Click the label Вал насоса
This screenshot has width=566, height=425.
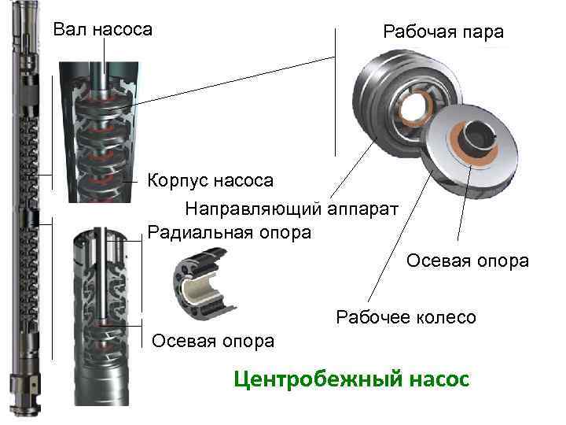[x=102, y=31]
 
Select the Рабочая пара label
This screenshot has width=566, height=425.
[x=443, y=32]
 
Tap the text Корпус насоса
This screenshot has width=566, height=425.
[x=211, y=181]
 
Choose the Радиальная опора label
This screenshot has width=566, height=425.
[x=230, y=232]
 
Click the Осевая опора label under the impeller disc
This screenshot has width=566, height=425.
[x=467, y=261]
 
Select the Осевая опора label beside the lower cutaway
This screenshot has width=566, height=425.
[x=213, y=340]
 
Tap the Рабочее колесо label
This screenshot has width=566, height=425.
[x=406, y=317]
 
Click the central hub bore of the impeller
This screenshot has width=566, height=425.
[x=481, y=141]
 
